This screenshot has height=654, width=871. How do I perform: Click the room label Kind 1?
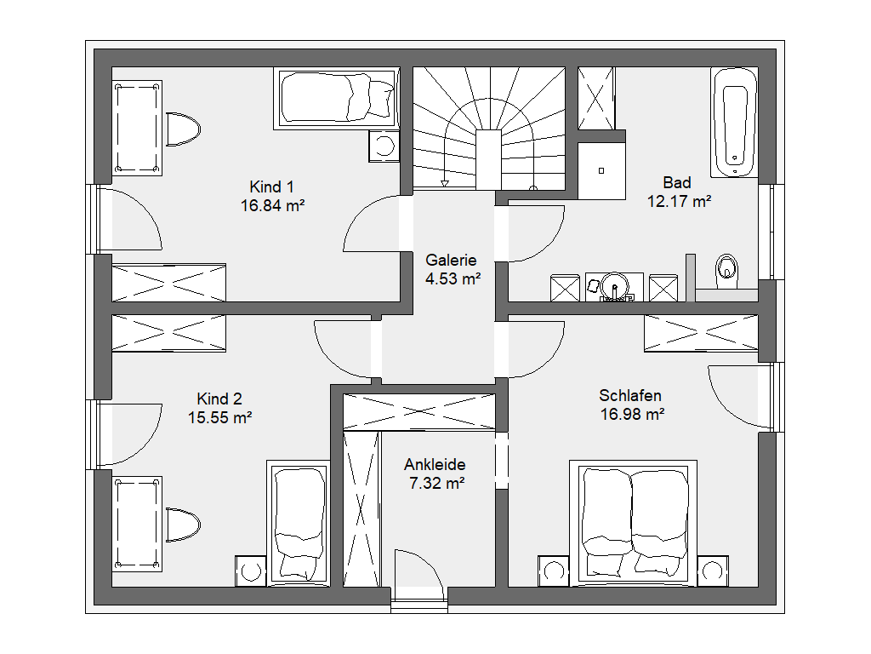point(271,186)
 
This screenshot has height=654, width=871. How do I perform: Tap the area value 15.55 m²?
point(220,417)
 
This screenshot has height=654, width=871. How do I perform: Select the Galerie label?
point(451,261)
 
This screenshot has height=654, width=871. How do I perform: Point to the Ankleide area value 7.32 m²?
point(436,484)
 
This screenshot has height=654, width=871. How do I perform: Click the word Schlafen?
point(630,395)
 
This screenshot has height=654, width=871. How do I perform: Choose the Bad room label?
point(677,182)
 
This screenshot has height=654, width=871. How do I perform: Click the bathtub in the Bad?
point(734,123)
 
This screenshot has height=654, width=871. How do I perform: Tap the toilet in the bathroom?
point(726,271)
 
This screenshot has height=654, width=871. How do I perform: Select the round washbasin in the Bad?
point(614,286)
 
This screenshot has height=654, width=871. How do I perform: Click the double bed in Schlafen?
point(633,523)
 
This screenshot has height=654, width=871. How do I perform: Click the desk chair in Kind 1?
point(183,129)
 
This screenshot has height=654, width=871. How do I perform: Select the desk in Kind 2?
point(137,524)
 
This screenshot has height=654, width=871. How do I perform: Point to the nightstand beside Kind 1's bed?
point(384,146)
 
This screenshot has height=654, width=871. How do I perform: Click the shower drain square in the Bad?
point(601,170)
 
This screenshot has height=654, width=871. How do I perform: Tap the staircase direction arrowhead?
point(444,183)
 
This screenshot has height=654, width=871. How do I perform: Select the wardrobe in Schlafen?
point(701,333)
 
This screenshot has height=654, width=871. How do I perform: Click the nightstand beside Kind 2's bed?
point(251,571)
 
